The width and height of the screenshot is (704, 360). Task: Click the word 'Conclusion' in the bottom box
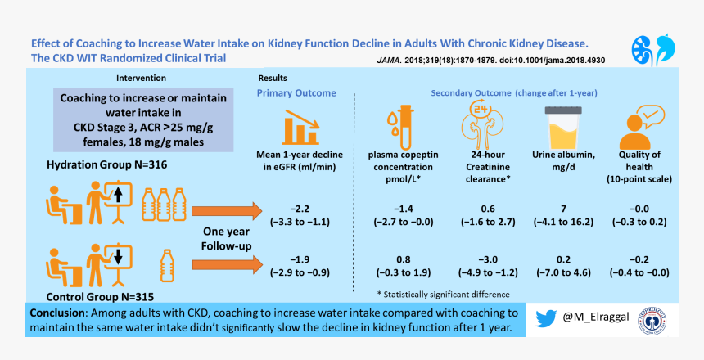(x=60, y=313)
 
